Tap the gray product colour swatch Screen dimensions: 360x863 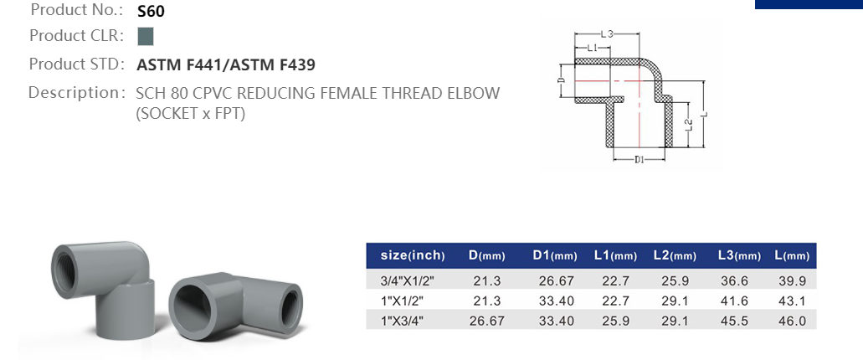click(x=145, y=36)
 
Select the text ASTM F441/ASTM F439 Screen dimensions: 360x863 click(x=225, y=64)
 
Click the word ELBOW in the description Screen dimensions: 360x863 click(x=474, y=92)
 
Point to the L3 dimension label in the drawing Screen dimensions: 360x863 click(x=608, y=33)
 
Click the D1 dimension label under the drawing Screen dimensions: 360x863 click(x=638, y=159)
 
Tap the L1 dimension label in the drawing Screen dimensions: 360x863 click(x=592, y=48)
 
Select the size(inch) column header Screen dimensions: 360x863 click(x=413, y=255)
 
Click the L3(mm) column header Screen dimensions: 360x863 click(x=738, y=255)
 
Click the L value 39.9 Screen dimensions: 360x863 click(x=790, y=280)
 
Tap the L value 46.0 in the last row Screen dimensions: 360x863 click(x=790, y=321)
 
